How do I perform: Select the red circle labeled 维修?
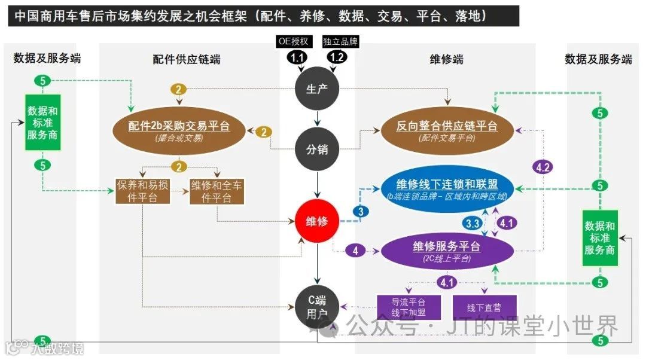tap(317, 221)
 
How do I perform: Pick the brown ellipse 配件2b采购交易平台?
tap(179, 130)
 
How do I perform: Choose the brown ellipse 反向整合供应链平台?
tap(447, 130)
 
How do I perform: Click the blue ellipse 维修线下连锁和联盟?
tap(447, 188)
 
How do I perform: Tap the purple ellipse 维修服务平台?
tap(447, 251)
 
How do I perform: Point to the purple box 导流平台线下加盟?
tap(408, 307)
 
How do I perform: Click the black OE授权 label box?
tap(294, 41)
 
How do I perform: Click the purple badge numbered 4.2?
tap(543, 168)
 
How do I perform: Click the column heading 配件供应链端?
tap(186, 59)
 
